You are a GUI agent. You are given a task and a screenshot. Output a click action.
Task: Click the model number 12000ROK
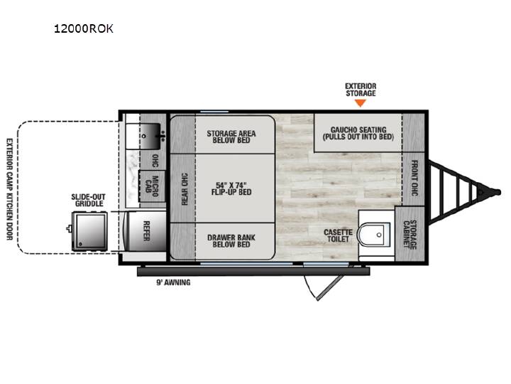(84, 28)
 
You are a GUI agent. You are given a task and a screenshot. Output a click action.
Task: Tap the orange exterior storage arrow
(361, 103)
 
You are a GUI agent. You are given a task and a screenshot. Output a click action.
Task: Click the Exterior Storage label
(361, 90)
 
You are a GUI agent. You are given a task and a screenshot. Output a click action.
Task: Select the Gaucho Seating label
(358, 133)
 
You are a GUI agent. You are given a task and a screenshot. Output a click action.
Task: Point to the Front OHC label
(414, 178)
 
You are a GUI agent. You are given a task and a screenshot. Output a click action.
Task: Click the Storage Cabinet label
(410, 235)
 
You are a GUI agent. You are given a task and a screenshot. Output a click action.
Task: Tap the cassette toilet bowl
(374, 235)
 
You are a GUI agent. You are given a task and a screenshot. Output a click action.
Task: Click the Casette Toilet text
(338, 235)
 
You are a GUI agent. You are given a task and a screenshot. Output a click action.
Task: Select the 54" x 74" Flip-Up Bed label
(231, 188)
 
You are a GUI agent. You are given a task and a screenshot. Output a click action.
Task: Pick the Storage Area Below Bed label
(231, 137)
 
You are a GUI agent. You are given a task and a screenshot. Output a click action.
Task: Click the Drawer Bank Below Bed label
(231, 241)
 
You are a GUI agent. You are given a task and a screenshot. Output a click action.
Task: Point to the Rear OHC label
(185, 189)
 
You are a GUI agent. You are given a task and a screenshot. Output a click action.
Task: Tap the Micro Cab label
(152, 186)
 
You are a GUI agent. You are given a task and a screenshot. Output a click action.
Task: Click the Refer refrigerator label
(146, 231)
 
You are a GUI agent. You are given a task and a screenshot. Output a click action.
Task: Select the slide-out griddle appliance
(89, 231)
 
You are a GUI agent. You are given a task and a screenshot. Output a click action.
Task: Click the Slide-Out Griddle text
(88, 200)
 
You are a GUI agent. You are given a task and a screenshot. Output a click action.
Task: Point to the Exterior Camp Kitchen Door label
(9, 189)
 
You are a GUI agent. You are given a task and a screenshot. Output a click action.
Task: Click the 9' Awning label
(173, 282)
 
